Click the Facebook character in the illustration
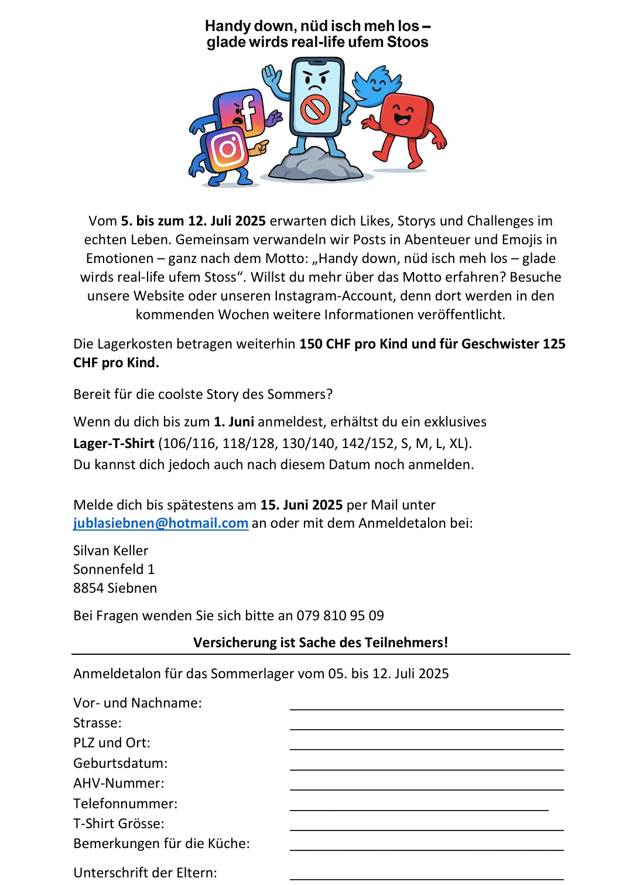[x=241, y=111]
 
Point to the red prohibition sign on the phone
[x=316, y=110]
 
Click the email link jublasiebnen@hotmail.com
[x=160, y=523]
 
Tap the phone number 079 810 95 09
[x=340, y=616]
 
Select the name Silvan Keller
[x=111, y=551]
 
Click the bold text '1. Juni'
[x=234, y=422]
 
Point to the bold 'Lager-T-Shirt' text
[x=114, y=443]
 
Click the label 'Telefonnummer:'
[x=125, y=804]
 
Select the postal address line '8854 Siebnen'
[x=115, y=588]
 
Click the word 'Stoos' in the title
[x=408, y=42]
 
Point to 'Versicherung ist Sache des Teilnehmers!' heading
[x=320, y=643]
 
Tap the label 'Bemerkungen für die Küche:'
[x=161, y=843]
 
